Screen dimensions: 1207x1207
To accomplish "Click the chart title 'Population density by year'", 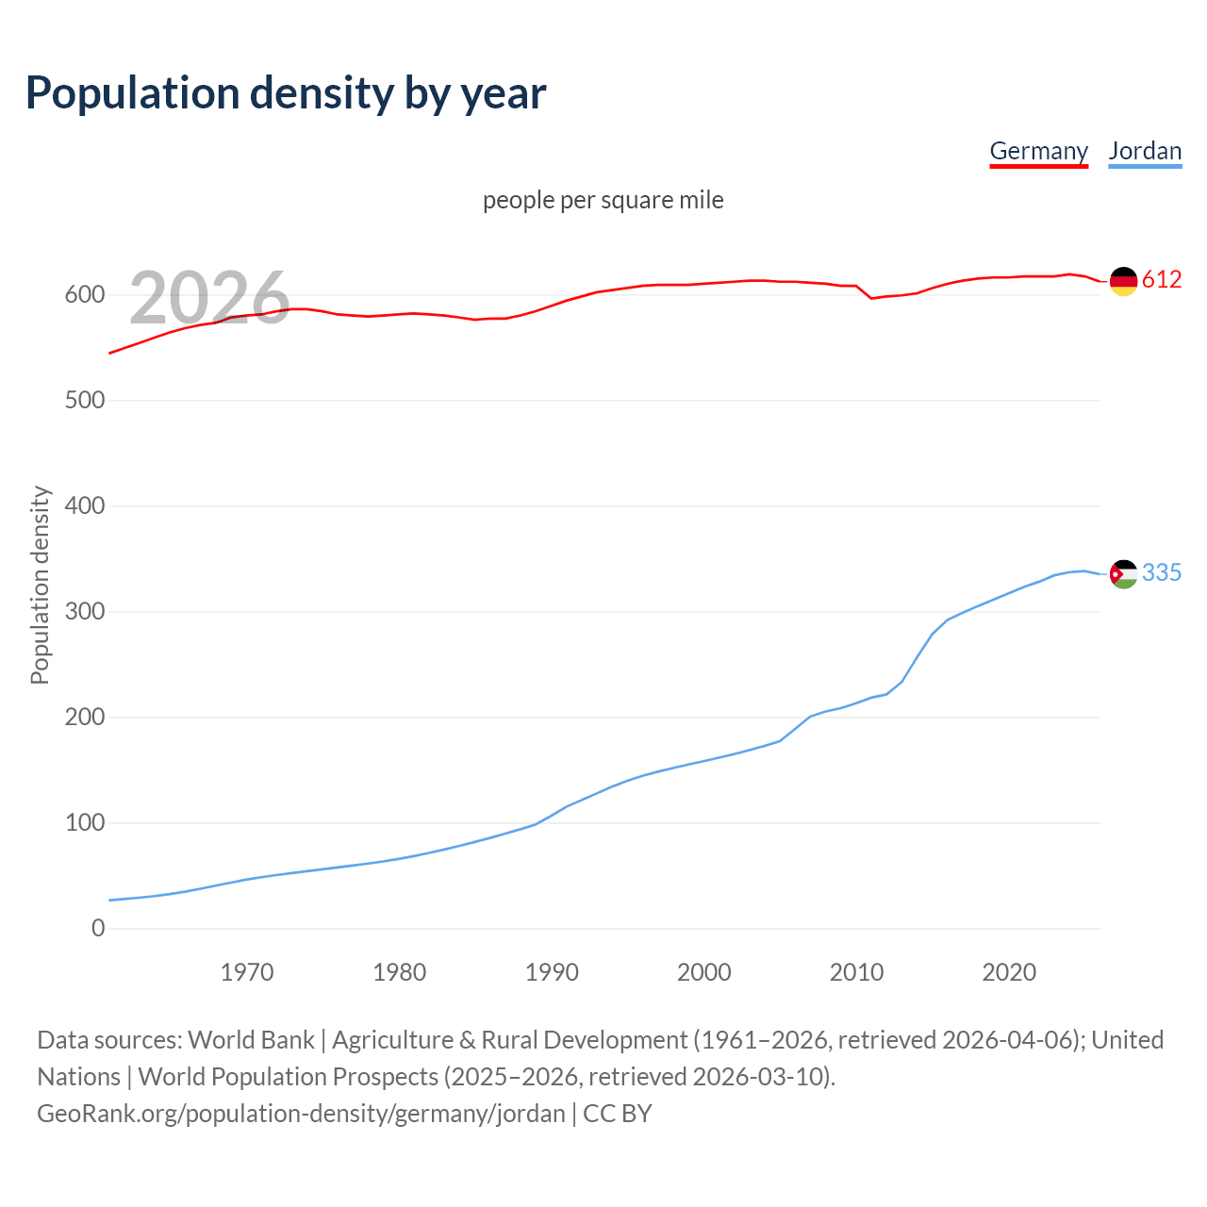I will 286,92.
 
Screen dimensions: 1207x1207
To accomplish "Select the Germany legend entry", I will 1038,151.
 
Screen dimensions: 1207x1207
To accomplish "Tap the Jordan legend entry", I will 1145,151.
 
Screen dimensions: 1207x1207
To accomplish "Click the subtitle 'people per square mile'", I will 603,200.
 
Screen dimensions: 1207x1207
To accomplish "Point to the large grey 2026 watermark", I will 209,298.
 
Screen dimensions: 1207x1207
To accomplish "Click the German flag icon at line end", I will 1123,281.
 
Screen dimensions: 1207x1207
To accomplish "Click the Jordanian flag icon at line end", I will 1123,573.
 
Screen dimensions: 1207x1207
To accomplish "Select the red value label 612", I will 1162,280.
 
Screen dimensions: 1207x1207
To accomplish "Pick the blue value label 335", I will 1162,573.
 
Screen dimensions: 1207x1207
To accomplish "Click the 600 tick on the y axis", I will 84,295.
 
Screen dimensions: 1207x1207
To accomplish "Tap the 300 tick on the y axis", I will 84,612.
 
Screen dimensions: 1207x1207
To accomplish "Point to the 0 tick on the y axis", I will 98,929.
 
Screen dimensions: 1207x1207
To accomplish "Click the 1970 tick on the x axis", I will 247,972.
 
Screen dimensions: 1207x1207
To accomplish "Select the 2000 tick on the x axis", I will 704,972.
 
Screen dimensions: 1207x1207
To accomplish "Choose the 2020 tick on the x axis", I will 1009,972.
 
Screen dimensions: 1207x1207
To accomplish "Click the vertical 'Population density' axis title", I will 40,585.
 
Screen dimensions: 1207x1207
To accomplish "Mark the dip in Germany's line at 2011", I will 871,298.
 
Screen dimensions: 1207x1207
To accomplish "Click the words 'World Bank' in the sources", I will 251,1040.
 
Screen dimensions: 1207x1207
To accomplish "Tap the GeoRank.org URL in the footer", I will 301,1114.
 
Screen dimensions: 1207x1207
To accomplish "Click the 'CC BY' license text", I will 618,1114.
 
